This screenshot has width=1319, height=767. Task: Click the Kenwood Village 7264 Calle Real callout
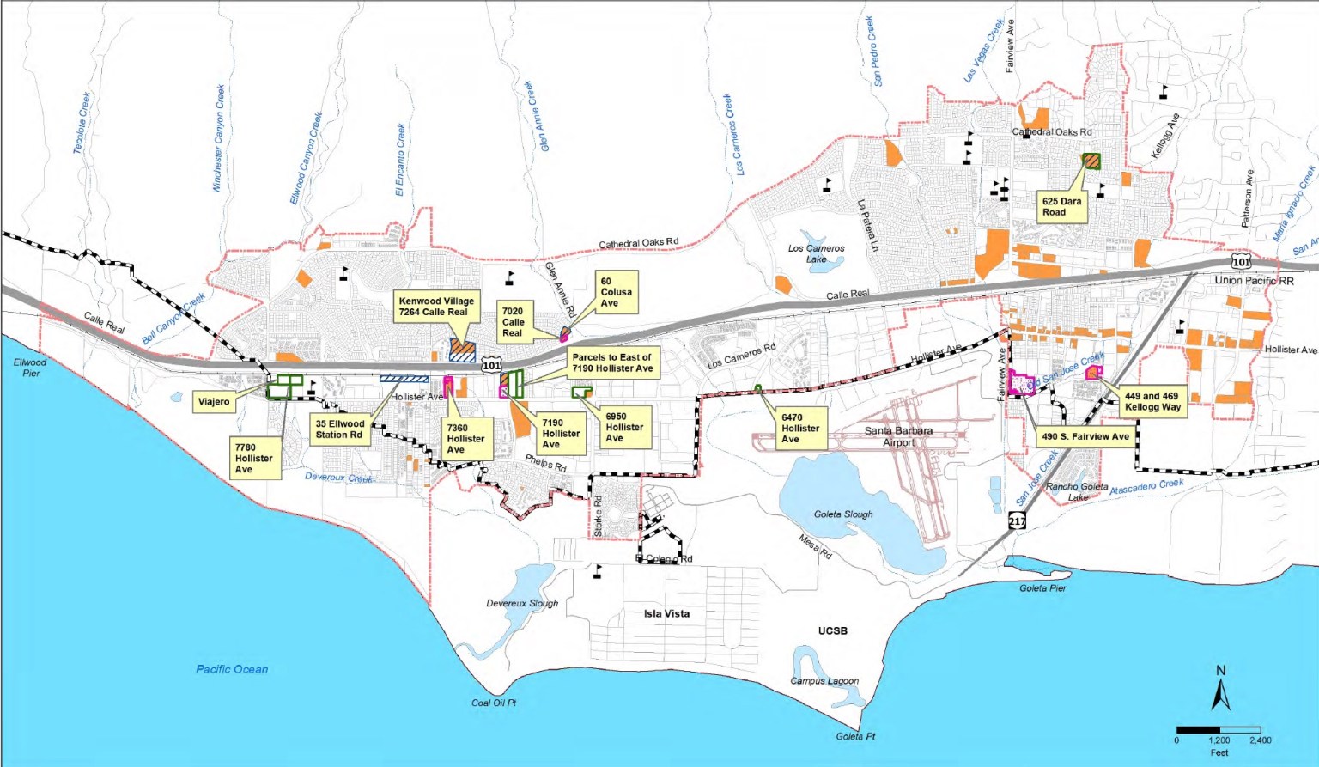pyautogui.click(x=436, y=307)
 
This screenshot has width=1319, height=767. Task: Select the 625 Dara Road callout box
pyautogui.click(x=1061, y=207)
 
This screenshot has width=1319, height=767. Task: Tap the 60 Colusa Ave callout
pyautogui.click(x=616, y=292)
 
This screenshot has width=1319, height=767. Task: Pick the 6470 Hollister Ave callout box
pyautogui.click(x=800, y=428)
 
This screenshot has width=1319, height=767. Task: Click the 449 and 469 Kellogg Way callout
pyautogui.click(x=1152, y=402)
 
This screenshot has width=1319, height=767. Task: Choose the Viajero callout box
pyautogui.click(x=214, y=401)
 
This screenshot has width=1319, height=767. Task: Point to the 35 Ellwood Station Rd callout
pyautogui.click(x=340, y=429)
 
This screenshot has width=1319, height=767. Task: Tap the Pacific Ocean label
pyautogui.click(x=232, y=669)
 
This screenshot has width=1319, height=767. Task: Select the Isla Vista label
pyautogui.click(x=666, y=614)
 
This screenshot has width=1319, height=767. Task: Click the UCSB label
pyautogui.click(x=832, y=630)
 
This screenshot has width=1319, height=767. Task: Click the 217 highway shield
pyautogui.click(x=1017, y=521)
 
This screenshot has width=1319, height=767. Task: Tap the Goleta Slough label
pyautogui.click(x=843, y=514)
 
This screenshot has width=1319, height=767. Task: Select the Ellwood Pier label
pyautogui.click(x=30, y=368)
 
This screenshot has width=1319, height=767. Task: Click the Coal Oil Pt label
pyautogui.click(x=494, y=703)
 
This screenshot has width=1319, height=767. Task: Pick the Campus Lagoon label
pyautogui.click(x=824, y=681)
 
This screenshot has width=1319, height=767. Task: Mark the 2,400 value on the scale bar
pyautogui.click(x=1260, y=740)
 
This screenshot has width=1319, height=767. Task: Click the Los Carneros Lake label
pyautogui.click(x=816, y=253)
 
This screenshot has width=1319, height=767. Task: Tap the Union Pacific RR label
pyautogui.click(x=1254, y=281)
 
